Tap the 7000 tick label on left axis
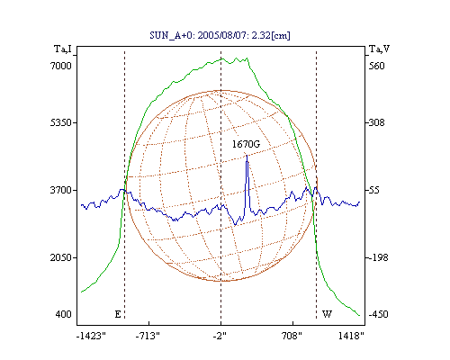(x=60, y=66)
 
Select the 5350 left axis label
(x=60, y=122)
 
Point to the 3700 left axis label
(x=60, y=190)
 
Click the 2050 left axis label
(x=60, y=257)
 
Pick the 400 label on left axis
(x=63, y=314)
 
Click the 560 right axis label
(x=376, y=66)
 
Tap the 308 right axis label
(x=376, y=122)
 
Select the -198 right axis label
(x=378, y=257)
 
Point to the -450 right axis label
(x=378, y=314)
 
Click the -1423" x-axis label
(x=91, y=336)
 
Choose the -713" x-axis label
(x=148, y=336)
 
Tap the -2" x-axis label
(x=220, y=336)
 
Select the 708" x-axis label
(x=292, y=336)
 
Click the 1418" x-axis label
(x=351, y=336)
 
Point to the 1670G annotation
(x=246, y=144)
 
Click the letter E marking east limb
(x=118, y=314)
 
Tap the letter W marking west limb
(x=327, y=314)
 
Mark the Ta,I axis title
(x=63, y=49)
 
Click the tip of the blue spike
(x=247, y=155)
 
